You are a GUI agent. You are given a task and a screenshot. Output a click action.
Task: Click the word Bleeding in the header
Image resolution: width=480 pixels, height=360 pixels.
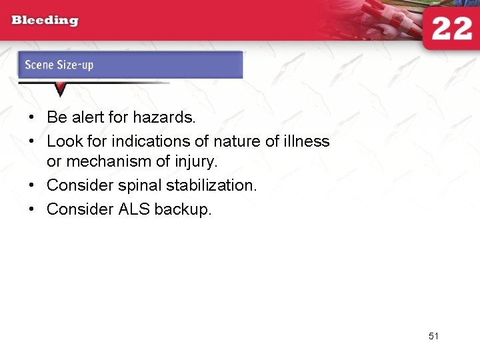pos(45,20)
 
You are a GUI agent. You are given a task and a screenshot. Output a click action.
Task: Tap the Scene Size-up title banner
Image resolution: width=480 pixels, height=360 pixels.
pos(130,65)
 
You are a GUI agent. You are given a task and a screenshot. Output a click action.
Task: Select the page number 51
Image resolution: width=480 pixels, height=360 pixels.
pos(433,336)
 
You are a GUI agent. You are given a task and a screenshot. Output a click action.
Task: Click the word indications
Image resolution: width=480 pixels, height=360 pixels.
pos(147,141)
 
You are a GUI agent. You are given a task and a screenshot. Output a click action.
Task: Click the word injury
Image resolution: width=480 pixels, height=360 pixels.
pos(197,162)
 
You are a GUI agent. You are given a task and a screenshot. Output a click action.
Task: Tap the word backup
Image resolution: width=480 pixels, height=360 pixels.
pos(183,209)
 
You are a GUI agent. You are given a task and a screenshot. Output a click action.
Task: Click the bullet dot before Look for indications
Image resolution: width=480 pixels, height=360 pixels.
pos(31,142)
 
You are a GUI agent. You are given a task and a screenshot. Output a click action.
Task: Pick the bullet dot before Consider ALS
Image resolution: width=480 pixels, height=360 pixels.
pos(31,210)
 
